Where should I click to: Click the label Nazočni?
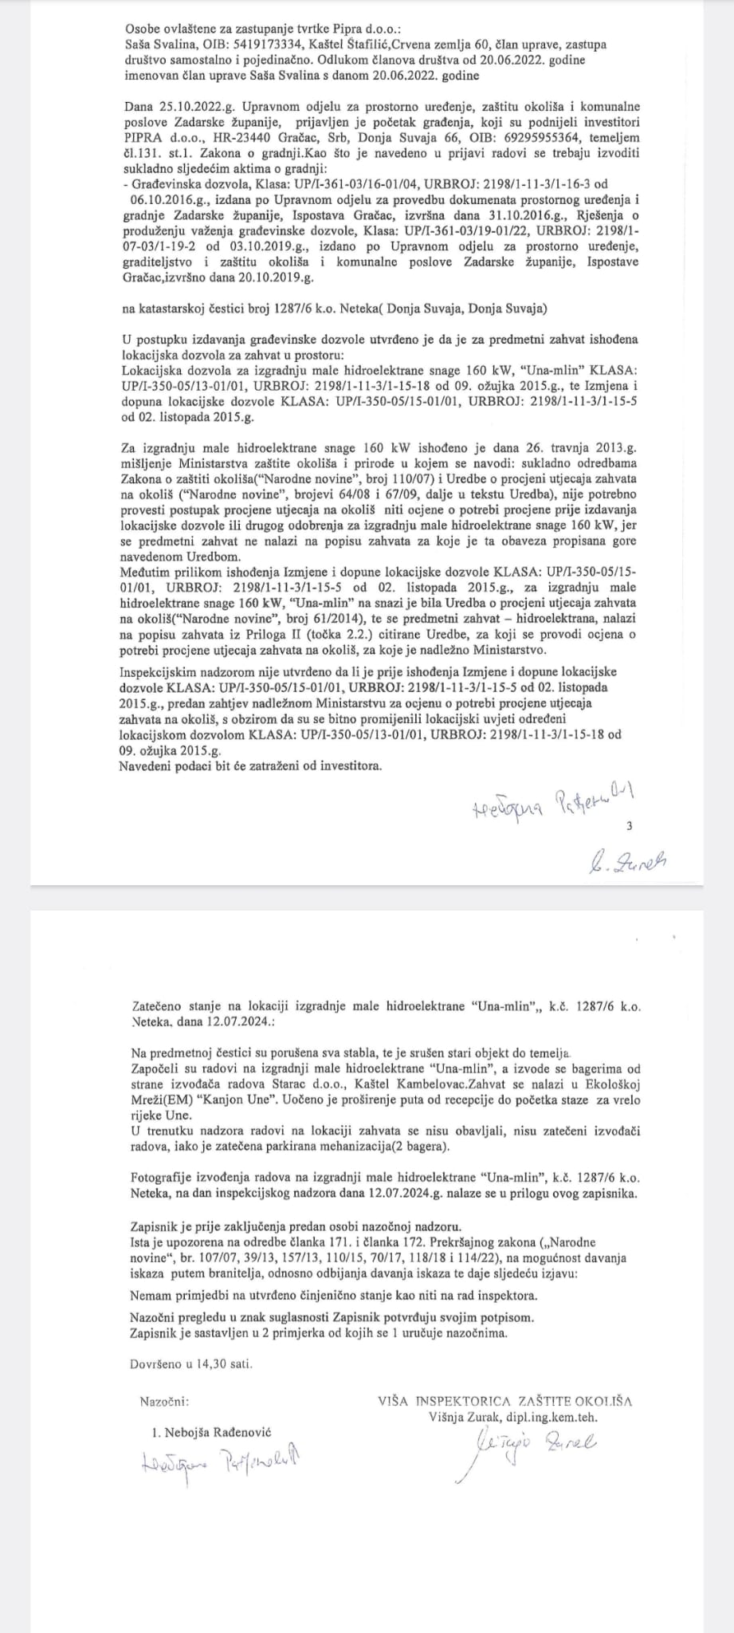coord(164,1378)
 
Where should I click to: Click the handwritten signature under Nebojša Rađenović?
coord(223,1438)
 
